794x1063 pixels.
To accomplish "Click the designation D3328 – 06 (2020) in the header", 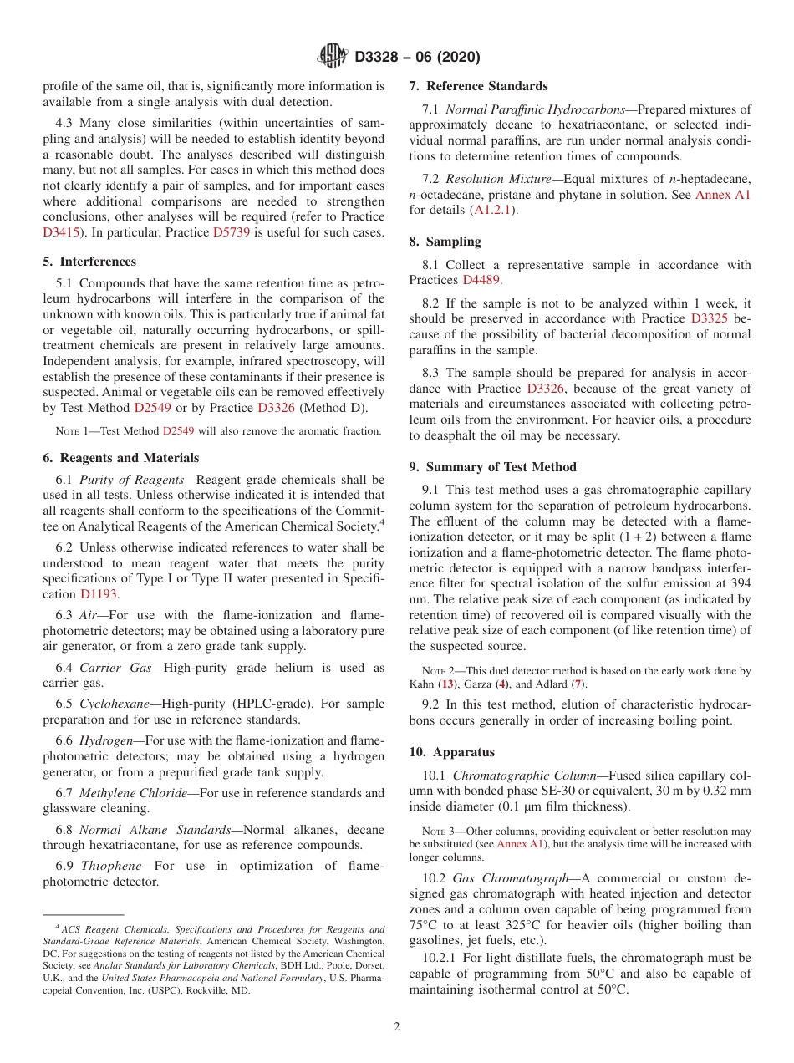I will tap(417, 58).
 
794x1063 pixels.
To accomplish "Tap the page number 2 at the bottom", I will tap(397, 1026).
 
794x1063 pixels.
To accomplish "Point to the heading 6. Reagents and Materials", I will tap(120, 458).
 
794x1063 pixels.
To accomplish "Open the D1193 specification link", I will tap(99, 594).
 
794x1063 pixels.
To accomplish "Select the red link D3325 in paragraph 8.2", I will tap(711, 318).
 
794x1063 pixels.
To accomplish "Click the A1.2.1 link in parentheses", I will tap(496, 210).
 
